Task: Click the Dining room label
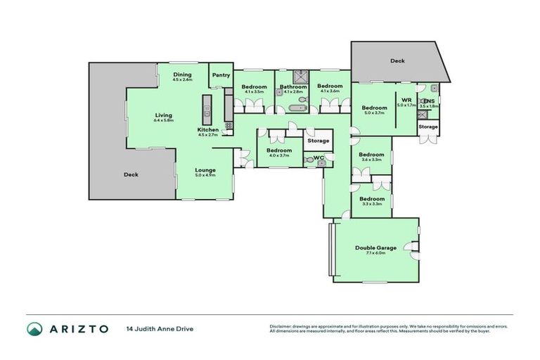182,75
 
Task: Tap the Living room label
164,116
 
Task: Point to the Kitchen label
208,131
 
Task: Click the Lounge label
205,171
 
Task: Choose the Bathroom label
290,88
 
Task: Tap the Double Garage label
375,248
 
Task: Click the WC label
318,157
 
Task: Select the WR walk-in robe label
406,101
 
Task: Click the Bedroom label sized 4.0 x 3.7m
279,150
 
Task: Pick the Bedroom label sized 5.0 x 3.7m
374,108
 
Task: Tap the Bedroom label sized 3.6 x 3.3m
371,155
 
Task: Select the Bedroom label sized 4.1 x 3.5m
253,88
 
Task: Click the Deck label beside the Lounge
131,175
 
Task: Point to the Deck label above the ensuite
398,61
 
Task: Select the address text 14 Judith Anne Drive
160,328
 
